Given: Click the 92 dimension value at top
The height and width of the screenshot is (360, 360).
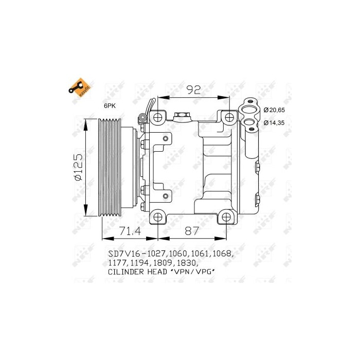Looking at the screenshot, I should [x=193, y=90].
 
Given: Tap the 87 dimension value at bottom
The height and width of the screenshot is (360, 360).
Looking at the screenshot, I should [x=192, y=231].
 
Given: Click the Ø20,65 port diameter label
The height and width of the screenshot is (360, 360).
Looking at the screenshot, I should [x=274, y=110].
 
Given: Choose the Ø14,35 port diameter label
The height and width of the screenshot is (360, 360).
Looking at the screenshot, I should [x=274, y=123].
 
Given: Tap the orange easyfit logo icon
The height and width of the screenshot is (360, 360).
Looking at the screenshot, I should [x=78, y=88].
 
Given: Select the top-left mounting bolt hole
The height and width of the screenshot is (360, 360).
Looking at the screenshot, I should [x=158, y=118].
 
